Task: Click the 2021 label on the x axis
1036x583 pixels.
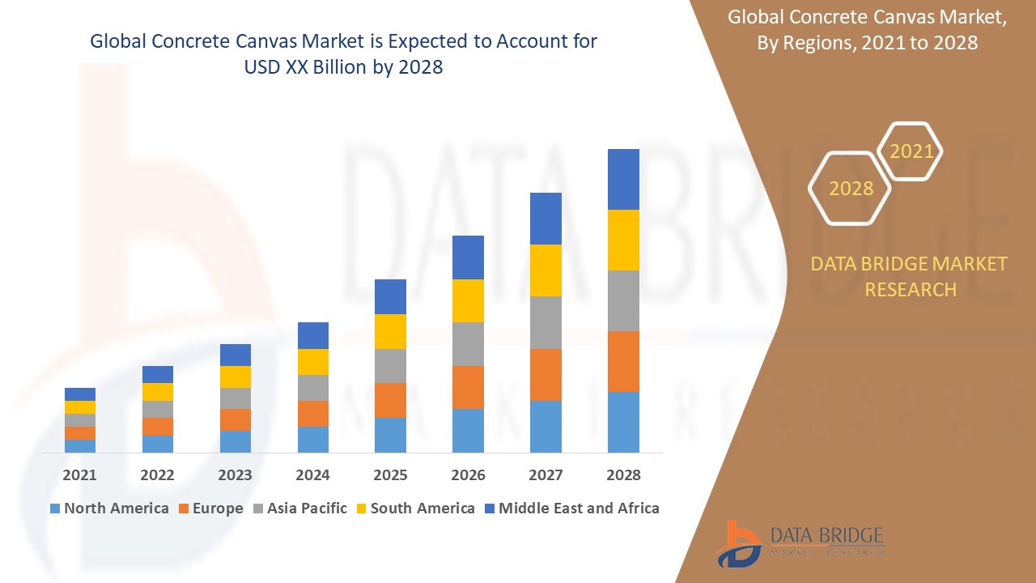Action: tap(79, 474)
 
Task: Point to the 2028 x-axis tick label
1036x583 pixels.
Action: tap(623, 474)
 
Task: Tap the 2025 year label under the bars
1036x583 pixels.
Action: tap(390, 474)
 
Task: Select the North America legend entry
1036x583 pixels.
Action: tap(109, 509)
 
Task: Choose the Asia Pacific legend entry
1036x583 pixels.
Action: tap(300, 509)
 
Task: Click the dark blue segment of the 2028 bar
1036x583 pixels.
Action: tap(623, 179)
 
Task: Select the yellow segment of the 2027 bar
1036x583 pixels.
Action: tap(546, 270)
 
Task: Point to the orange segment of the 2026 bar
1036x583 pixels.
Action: tap(468, 387)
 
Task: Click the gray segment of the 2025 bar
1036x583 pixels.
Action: tap(390, 366)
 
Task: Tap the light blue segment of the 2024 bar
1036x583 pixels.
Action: tap(312, 439)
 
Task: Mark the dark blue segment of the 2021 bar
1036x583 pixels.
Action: tap(79, 394)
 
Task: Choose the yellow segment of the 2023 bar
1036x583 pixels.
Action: tap(235, 377)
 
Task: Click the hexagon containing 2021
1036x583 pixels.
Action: tap(911, 151)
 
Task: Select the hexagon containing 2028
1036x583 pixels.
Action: tap(850, 188)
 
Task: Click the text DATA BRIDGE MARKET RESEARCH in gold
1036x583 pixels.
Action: tap(910, 276)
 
